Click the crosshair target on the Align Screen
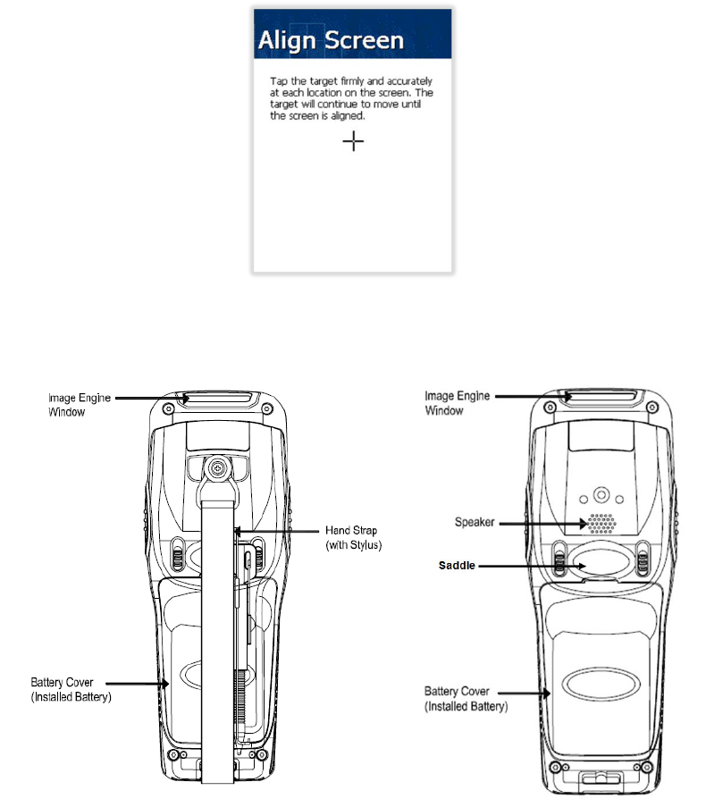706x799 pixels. click(355, 141)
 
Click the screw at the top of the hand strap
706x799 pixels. click(215, 467)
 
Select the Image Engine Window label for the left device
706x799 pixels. click(79, 404)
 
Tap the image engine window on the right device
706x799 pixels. click(599, 395)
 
